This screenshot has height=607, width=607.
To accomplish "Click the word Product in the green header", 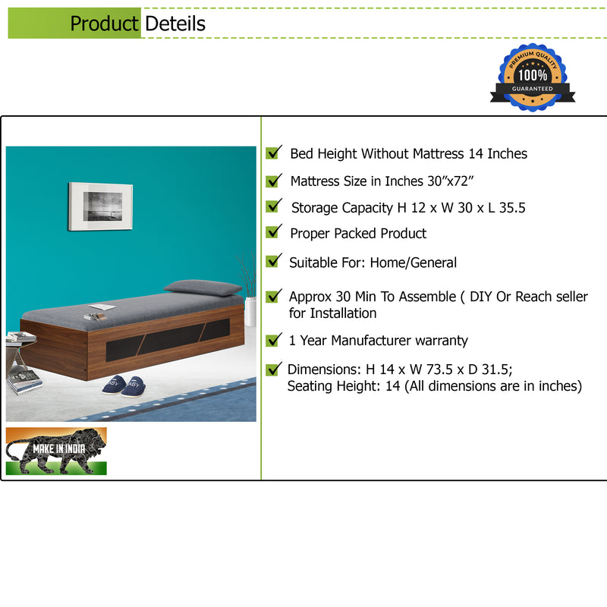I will click(x=104, y=24).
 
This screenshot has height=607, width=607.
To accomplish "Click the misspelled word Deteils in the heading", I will click(x=175, y=24).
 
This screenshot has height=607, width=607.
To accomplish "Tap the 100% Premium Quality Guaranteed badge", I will click(x=532, y=77).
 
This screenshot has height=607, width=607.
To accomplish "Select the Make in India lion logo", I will click(x=56, y=451).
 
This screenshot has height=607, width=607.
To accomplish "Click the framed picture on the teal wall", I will click(x=100, y=206).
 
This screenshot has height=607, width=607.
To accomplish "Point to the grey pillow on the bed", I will click(x=203, y=288).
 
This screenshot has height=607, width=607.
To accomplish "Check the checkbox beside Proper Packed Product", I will click(x=273, y=232).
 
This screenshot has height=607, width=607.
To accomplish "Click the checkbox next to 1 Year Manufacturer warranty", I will click(x=273, y=340).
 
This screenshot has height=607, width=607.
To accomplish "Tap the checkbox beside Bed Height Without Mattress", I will click(x=273, y=153).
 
